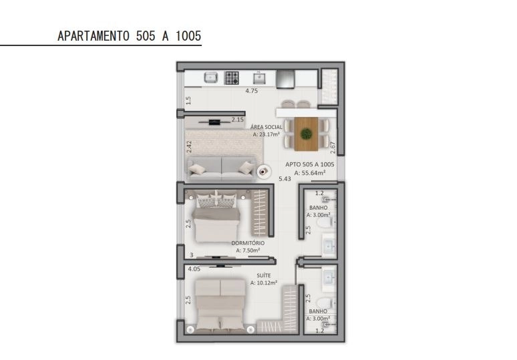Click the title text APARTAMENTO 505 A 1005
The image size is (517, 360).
pyautogui.click(x=130, y=36)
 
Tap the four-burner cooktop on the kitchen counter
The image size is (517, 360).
pyautogui.click(x=232, y=77)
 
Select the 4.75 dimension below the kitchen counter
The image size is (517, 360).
pyautogui.click(x=252, y=91)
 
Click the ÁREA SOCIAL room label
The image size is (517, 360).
pyautogui.click(x=267, y=127)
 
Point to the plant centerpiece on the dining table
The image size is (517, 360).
pyautogui.click(x=307, y=134)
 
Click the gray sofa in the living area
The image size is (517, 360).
pyautogui.click(x=221, y=169)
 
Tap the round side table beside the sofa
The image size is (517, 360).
pyautogui.click(x=264, y=172)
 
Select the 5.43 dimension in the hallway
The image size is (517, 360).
pyautogui.click(x=285, y=179)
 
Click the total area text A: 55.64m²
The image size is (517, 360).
pyautogui.click(x=310, y=173)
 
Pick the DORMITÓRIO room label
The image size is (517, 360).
pyautogui.click(x=248, y=243)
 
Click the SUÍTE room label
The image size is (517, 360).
pyautogui.click(x=264, y=275)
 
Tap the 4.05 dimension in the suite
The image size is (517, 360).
pyautogui.click(x=194, y=269)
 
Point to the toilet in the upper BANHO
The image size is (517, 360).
pyautogui.click(x=325, y=222)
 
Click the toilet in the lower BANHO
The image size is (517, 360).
pyautogui.click(x=325, y=303)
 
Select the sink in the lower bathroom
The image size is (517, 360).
pyautogui.click(x=329, y=278)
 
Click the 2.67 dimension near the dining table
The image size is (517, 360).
pyautogui.click(x=333, y=148)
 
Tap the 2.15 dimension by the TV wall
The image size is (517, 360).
pyautogui.click(x=237, y=120)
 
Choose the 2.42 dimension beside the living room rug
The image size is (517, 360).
pyautogui.click(x=189, y=147)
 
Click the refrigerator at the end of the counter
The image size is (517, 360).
pyautogui.click(x=285, y=79)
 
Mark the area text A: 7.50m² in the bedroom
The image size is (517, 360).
pyautogui.click(x=248, y=250)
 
